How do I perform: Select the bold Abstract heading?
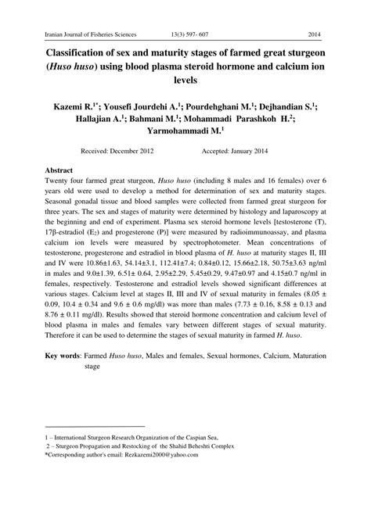59,169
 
